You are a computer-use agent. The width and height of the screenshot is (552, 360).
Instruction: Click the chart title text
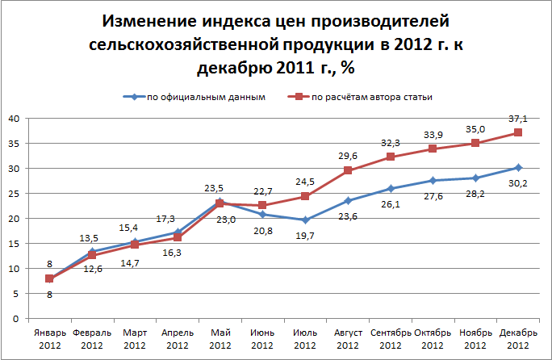(x=277, y=45)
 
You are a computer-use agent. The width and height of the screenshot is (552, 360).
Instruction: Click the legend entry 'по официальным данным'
(x=206, y=97)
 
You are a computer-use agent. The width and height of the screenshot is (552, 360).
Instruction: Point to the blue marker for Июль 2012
(x=305, y=220)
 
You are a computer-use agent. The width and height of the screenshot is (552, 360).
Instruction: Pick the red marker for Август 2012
(x=348, y=170)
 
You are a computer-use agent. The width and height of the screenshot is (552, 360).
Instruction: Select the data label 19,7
(x=305, y=235)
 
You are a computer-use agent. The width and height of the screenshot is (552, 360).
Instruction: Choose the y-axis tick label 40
(x=13, y=119)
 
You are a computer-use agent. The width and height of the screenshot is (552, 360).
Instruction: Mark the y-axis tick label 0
(x=16, y=318)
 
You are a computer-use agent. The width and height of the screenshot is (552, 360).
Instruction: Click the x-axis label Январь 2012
(x=49, y=338)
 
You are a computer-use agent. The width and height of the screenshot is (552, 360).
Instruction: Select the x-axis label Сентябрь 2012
(x=391, y=338)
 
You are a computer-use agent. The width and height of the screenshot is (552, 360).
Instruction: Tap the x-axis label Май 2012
(x=220, y=338)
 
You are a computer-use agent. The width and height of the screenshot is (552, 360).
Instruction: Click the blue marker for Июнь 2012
(x=262, y=214)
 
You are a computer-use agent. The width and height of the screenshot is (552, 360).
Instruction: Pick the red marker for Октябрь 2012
(x=433, y=149)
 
